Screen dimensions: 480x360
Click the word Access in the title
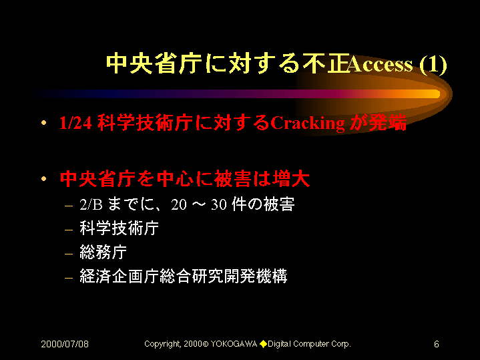pos(380,64)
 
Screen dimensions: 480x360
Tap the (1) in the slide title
pos(433,65)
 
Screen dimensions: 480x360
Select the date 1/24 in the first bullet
pos(75,123)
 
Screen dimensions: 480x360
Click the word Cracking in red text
pos(307,124)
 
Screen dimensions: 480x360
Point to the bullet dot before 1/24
pos(44,123)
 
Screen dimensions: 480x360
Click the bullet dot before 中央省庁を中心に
pos(44,178)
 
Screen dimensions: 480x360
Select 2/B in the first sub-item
pos(91,204)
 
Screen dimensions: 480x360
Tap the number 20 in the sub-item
pos(179,205)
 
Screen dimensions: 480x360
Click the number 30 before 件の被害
pos(218,205)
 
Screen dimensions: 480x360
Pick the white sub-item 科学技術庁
pos(119,228)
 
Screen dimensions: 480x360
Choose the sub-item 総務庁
pos(103,252)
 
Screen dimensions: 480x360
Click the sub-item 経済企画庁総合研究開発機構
pos(184,276)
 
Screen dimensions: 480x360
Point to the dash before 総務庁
pos(69,254)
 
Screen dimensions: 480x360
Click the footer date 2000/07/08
pos(65,344)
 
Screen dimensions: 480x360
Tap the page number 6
pos(437,344)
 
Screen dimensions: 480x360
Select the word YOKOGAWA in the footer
pos(234,344)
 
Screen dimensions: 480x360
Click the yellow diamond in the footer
pos(263,344)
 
